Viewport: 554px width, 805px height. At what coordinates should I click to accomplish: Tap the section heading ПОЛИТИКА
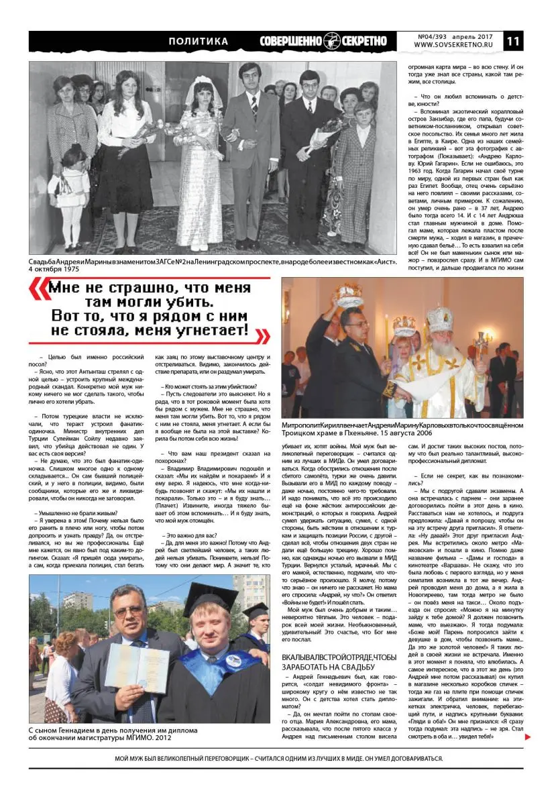pos(198,42)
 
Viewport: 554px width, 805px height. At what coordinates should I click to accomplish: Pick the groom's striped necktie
pos(254,107)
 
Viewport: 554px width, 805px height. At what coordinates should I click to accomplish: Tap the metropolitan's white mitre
pos(439,319)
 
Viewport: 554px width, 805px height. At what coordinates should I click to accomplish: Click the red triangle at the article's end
pos(529,737)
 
